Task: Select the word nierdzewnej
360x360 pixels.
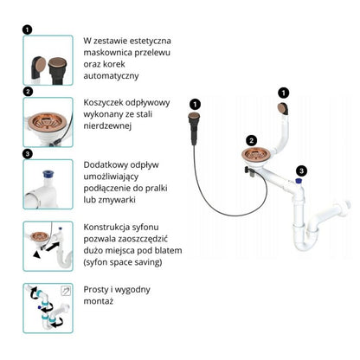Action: (x=107, y=125)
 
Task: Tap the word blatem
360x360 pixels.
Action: (x=168, y=250)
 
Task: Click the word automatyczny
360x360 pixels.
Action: (x=111, y=76)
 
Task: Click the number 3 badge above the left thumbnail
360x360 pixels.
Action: (x=28, y=154)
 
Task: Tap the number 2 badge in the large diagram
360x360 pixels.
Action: (x=252, y=141)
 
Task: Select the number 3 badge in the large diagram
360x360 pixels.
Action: (x=301, y=170)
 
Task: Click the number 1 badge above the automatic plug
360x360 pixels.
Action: (x=196, y=104)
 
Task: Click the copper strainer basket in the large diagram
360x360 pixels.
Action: (x=254, y=155)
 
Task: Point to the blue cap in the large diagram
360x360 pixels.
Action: (x=299, y=181)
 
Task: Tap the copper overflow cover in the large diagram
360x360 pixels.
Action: (x=282, y=108)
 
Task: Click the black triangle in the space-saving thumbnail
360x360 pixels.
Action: (x=36, y=254)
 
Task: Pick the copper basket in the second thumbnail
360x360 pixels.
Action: (x=48, y=120)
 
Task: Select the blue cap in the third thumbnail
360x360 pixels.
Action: (x=47, y=174)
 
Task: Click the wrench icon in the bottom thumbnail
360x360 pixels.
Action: (x=66, y=291)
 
